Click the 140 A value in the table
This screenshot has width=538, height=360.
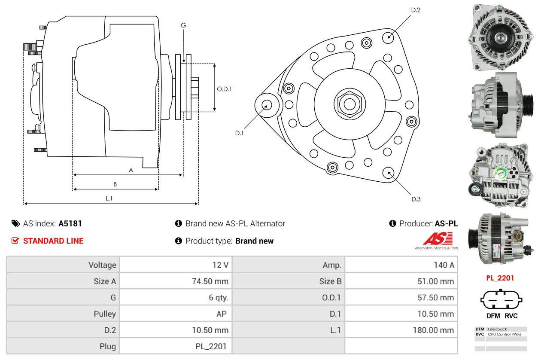click(444, 265)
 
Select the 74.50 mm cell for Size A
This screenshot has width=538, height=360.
click(210, 281)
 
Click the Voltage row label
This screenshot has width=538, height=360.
click(102, 265)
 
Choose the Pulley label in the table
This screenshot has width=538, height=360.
click(105, 314)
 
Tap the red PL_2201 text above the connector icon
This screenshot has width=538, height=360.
click(500, 278)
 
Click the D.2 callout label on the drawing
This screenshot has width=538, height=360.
click(415, 10)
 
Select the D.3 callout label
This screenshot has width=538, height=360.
click(416, 199)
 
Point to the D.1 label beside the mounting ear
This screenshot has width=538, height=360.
click(239, 133)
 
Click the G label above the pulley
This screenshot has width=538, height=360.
click(183, 25)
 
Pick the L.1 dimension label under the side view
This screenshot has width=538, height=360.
click(109, 198)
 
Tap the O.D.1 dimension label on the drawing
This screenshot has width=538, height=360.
click(224, 89)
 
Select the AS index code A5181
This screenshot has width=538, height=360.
click(70, 223)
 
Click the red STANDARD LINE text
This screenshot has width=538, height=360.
click(53, 241)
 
